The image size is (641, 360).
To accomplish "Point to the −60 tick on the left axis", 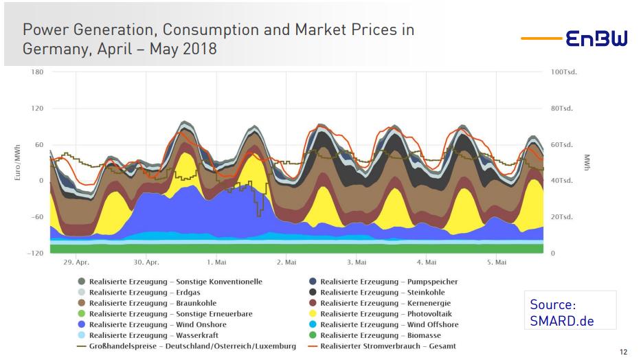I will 35,217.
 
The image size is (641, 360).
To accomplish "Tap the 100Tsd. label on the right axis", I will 564,72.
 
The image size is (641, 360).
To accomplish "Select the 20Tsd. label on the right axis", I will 563,217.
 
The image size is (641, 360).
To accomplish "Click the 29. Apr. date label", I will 76,262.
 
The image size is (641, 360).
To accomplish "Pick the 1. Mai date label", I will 216,262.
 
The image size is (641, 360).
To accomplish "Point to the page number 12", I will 623,352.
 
